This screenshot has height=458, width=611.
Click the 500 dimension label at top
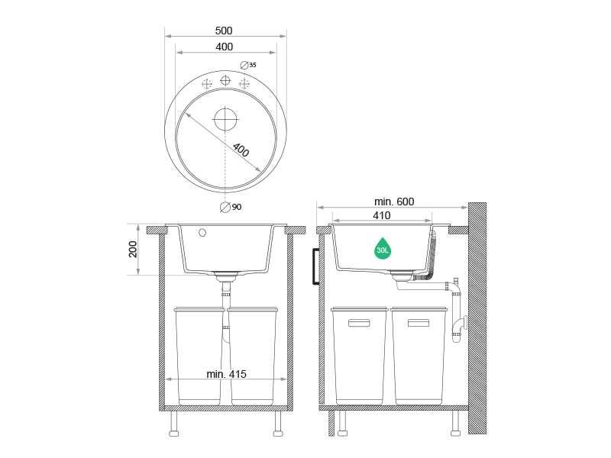[x=224, y=31]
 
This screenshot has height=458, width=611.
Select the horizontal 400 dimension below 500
[x=225, y=47]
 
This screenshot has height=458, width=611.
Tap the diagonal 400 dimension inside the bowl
[x=241, y=150]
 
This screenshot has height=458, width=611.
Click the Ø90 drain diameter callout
[x=231, y=207]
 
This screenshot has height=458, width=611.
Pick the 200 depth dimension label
[x=133, y=250]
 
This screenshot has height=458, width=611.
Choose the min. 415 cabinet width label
[x=226, y=374]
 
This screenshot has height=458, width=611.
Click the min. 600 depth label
[x=394, y=202]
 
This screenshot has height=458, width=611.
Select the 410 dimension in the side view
[x=381, y=216]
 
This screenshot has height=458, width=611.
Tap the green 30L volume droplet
[x=383, y=249]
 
